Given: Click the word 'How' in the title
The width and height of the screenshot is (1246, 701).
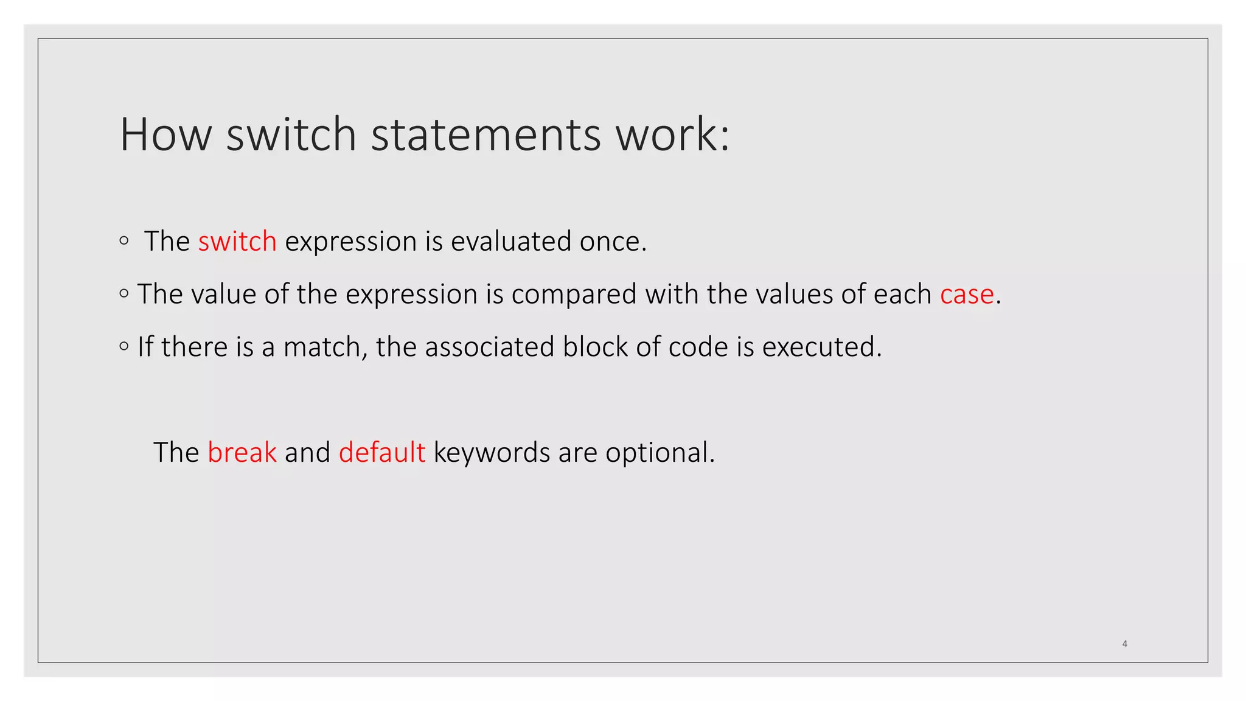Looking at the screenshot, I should point(165,134).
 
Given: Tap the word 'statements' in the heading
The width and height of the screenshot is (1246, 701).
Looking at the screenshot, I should point(486,134).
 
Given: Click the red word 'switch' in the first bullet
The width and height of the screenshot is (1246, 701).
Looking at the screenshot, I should point(237,242).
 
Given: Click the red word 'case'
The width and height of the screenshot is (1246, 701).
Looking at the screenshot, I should point(967,295).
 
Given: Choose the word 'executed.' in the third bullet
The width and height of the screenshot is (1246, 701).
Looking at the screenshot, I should point(821,347).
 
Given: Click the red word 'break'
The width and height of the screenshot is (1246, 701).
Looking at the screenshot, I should point(242,453).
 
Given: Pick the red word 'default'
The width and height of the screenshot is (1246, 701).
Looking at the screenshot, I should point(381,453).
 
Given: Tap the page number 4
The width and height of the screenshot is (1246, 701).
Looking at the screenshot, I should point(1124,644).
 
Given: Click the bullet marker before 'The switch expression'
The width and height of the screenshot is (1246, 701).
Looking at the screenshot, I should point(124,241).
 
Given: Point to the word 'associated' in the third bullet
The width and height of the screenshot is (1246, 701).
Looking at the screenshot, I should point(489,347).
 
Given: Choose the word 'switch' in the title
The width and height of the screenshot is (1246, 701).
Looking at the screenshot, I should point(291,134).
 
